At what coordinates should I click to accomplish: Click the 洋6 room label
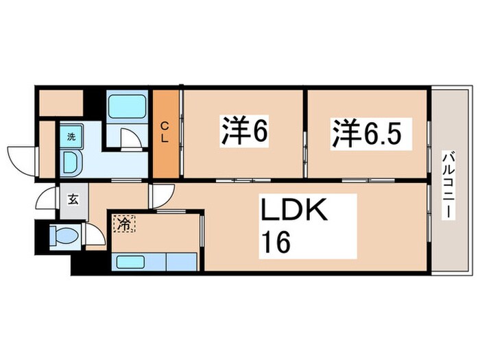click(x=243, y=132)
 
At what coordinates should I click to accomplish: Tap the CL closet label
click(x=165, y=132)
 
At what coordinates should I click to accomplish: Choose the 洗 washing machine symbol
click(x=71, y=136)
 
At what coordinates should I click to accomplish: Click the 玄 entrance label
click(x=72, y=200)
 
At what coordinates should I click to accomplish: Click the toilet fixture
click(x=64, y=235)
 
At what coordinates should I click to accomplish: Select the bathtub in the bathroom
click(x=128, y=106)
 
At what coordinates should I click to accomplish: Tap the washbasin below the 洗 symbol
click(x=71, y=162)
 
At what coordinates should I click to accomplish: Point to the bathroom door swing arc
click(x=130, y=137)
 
